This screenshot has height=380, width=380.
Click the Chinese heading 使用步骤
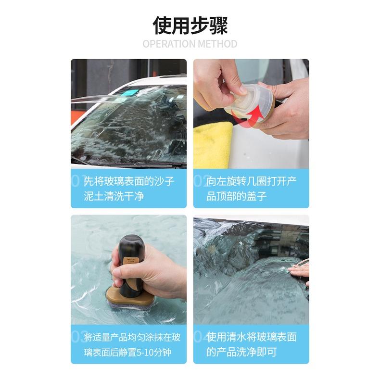190,25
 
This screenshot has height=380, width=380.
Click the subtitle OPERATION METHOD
190,44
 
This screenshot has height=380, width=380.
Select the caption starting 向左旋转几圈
252,189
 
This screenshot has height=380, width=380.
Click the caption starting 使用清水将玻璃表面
252,345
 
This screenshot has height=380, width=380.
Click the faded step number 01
77,181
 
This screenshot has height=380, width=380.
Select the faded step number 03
77,337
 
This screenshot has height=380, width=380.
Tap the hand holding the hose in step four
301,273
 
